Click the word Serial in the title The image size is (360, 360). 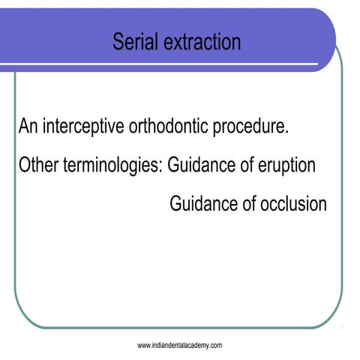[134, 41]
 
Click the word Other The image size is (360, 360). [37, 165]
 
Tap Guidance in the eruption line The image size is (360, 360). [202, 165]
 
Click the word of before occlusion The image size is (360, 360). [250, 203]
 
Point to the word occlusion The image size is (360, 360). [294, 203]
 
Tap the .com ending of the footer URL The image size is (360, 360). [215, 345]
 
